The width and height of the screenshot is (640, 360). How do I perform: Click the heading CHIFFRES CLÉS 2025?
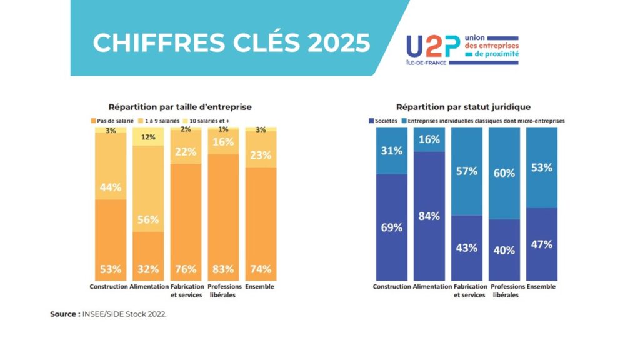point(231,43)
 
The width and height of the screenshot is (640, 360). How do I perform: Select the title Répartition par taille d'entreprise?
point(180,107)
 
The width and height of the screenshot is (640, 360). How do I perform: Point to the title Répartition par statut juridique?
point(463,107)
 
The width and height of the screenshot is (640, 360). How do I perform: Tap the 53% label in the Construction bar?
point(110,269)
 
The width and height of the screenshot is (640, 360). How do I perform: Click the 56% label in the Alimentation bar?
point(148,219)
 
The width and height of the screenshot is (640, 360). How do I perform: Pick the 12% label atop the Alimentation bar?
point(148,137)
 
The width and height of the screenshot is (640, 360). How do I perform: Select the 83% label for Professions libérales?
point(223,269)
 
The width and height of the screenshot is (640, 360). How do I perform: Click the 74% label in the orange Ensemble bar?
point(261,269)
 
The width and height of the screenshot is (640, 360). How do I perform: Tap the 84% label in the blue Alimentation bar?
point(429,216)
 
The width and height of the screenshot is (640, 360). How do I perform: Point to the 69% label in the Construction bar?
point(392,227)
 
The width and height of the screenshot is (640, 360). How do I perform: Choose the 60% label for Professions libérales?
point(504,173)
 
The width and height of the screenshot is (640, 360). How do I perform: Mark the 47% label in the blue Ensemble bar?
point(541,244)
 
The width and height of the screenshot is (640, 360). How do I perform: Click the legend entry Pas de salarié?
point(112,119)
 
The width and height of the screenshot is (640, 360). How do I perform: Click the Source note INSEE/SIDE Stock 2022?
point(108,314)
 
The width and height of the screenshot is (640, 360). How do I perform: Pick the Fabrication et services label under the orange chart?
point(186,291)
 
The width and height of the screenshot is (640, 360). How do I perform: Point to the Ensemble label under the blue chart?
point(541,287)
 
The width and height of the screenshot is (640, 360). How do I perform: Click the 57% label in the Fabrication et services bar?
point(467,171)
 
